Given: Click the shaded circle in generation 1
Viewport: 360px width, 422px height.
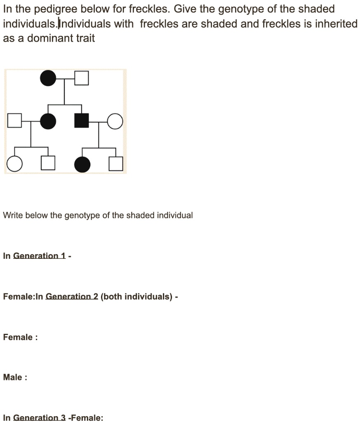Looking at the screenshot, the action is (x=48, y=78).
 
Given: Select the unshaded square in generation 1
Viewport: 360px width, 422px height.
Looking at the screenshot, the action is (x=82, y=78).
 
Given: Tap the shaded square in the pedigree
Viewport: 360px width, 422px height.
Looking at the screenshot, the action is (x=82, y=120).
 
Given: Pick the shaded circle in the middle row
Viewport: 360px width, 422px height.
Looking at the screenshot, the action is (x=48, y=121).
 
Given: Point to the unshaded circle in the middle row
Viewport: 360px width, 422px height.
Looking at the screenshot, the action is (x=115, y=121).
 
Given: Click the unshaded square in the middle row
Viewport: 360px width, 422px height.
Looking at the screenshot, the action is (x=14, y=121).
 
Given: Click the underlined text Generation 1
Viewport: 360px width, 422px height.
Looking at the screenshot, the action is (x=40, y=256).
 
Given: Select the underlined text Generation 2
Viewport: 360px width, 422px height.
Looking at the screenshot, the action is (x=72, y=296).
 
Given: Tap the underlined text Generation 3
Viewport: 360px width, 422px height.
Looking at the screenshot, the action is (x=40, y=417).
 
